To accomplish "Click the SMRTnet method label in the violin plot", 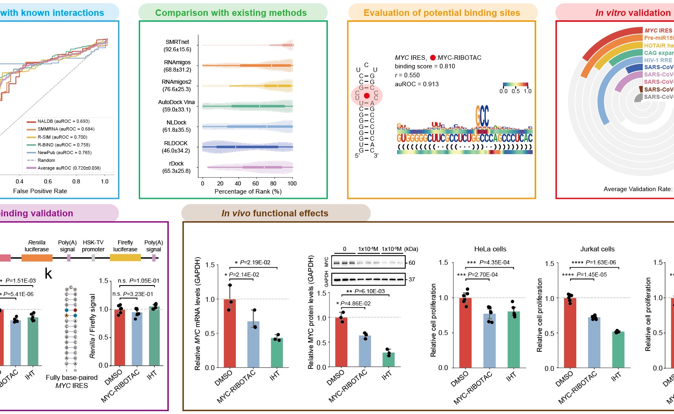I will (x=177, y=42).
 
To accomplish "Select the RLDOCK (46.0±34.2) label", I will (x=176, y=147).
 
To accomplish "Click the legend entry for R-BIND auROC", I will (x=64, y=145).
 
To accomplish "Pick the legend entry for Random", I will (x=46, y=160).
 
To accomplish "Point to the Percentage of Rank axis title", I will (x=248, y=192).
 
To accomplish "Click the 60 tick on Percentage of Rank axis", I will (x=256, y=183).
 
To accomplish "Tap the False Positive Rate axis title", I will (x=40, y=191).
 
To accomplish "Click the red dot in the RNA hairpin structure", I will (x=367, y=96).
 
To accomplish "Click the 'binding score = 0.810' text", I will (x=425, y=66).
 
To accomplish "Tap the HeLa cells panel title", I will (x=490, y=249).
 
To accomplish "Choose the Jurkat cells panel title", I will (x=597, y=249).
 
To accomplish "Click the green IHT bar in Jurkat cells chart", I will (x=618, y=349).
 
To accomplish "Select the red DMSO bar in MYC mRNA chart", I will (x=230, y=333).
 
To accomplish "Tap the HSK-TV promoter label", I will (x=93, y=246).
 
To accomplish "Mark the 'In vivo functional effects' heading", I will (x=275, y=214).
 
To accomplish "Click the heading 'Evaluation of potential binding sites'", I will (x=441, y=13).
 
